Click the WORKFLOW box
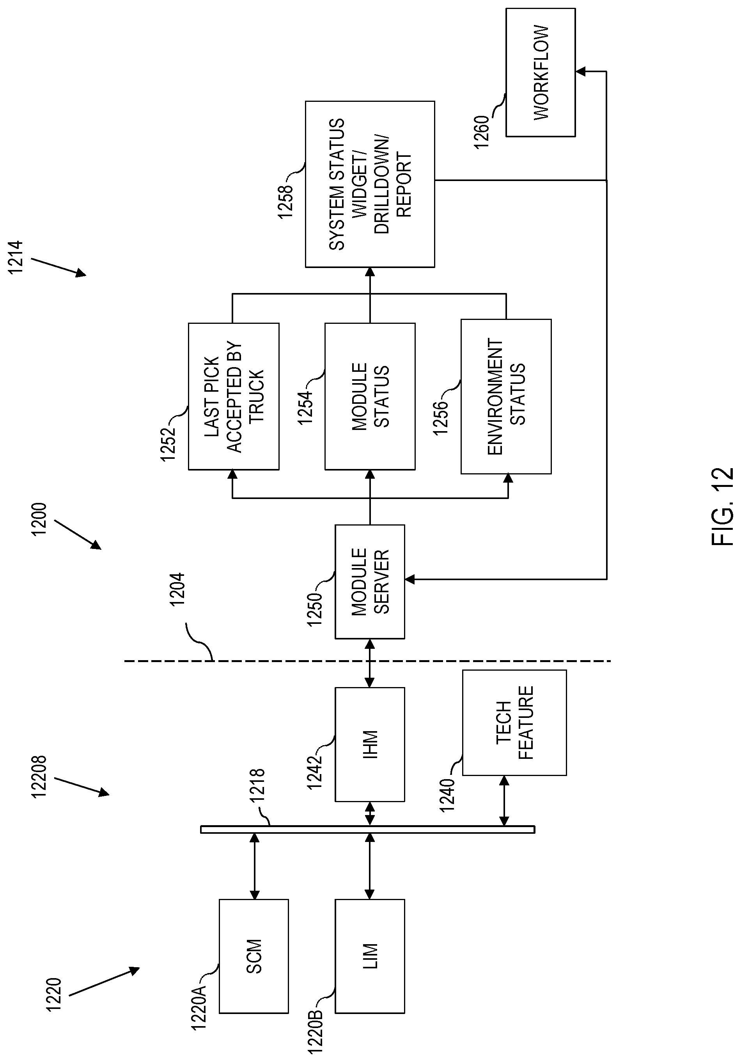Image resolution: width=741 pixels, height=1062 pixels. [541, 72]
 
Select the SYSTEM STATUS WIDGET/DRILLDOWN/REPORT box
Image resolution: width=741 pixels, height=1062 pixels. [370, 184]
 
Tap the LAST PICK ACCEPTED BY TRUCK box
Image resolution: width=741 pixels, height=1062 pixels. [234, 396]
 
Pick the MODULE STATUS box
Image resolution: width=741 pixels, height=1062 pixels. [370, 396]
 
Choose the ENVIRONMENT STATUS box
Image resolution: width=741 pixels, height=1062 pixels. [506, 396]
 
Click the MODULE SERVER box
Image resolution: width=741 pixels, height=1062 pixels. [370, 581]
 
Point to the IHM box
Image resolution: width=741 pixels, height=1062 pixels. [370, 744]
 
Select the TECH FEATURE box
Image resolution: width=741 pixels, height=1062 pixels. [514, 723]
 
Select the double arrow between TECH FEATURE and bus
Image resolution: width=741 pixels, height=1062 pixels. [504, 801]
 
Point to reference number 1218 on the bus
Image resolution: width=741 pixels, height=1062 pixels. [257, 785]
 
